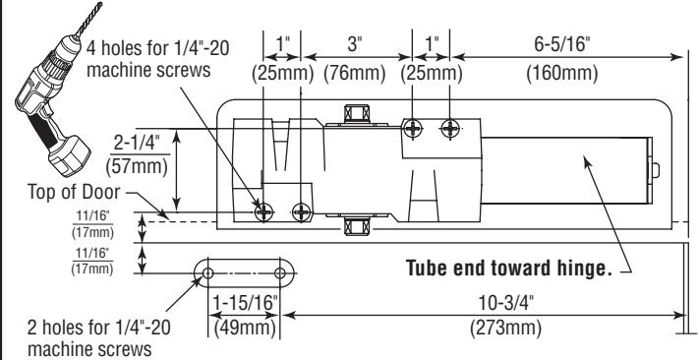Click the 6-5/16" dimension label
(x=561, y=44)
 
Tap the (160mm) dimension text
(x=561, y=73)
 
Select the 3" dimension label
(x=354, y=44)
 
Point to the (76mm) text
(x=354, y=73)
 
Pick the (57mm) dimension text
(x=137, y=167)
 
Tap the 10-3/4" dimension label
(x=506, y=303)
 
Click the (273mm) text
(x=506, y=330)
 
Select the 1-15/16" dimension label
(x=245, y=303)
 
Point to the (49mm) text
(x=245, y=329)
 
